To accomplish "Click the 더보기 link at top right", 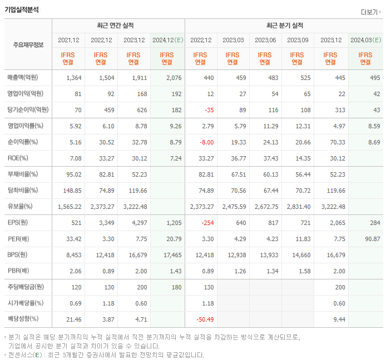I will coord(370,12).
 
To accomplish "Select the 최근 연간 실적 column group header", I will coord(118,26).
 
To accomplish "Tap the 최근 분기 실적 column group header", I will coord(284,26).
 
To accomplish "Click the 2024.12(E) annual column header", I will coord(167,40).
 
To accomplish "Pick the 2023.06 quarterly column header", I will coord(266,40).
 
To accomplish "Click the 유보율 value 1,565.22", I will coord(70,207).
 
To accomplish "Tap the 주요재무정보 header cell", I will coord(28,44).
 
